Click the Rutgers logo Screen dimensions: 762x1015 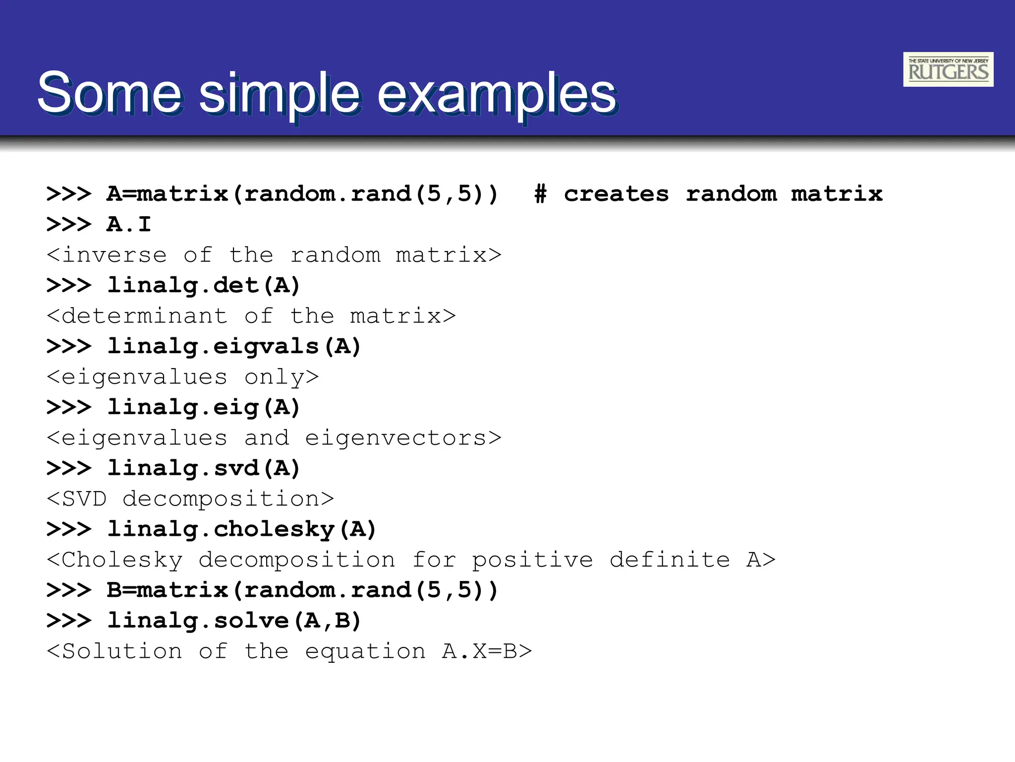click(x=948, y=69)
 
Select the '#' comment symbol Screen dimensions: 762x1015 click(x=540, y=194)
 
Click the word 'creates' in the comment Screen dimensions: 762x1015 click(x=616, y=194)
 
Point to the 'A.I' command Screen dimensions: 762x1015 click(x=128, y=224)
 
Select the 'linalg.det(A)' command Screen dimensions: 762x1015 click(x=204, y=285)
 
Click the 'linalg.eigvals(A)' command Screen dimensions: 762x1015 click(x=234, y=346)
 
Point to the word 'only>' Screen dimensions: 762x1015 click(x=282, y=377)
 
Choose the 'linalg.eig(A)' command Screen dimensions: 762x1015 click(x=204, y=407)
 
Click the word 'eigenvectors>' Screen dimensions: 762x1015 click(x=403, y=438)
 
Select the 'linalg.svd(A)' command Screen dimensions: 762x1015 click(x=204, y=468)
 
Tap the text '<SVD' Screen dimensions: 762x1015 click(x=77, y=499)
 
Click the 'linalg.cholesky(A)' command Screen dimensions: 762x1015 click(x=242, y=529)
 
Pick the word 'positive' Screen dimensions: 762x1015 click(x=532, y=560)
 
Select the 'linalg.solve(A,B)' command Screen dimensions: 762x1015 click(x=234, y=621)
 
